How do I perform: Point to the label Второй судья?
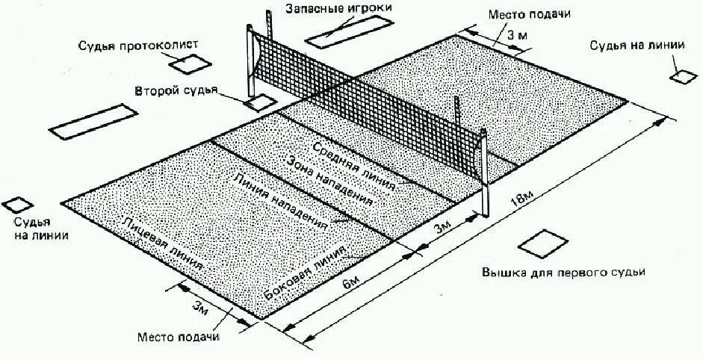point(176,91)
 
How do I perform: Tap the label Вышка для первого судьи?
point(563,272)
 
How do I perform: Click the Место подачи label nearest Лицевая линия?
point(179,336)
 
